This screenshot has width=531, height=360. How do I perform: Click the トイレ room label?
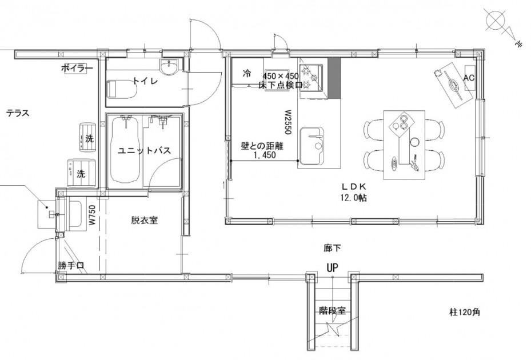click(145, 81)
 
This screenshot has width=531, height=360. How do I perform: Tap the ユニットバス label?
click(144, 151)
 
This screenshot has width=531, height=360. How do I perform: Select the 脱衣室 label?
click(145, 221)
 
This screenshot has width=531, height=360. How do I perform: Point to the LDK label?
click(354, 187)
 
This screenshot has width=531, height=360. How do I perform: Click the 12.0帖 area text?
click(354, 198)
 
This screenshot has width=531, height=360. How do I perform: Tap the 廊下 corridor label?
click(332, 248)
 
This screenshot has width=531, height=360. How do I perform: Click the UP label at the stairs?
click(332, 268)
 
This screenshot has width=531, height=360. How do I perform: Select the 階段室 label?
click(332, 310)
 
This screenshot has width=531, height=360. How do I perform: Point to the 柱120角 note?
click(465, 312)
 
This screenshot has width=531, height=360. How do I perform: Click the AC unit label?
click(469, 78)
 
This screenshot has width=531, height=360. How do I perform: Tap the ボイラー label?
click(77, 69)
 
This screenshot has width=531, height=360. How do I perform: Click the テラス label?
click(18, 113)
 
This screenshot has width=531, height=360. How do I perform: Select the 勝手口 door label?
click(70, 266)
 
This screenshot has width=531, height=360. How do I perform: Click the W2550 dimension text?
click(288, 122)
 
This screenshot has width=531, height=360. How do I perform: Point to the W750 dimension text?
click(92, 216)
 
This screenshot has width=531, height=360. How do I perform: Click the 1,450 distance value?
click(265, 155)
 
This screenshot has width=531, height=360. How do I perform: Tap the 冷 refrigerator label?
click(247, 73)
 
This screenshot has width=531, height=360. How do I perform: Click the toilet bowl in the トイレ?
click(122, 89)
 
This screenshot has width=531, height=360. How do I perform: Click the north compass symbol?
click(502, 26)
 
